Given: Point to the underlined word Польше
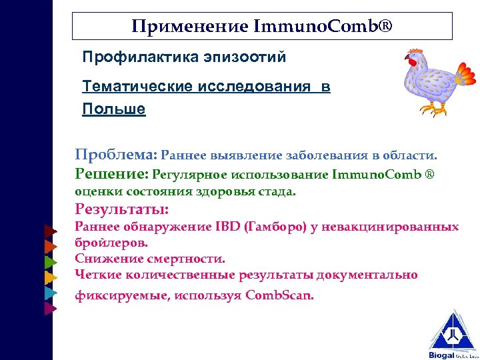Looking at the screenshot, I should pos(114,109).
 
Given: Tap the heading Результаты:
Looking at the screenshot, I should pos(122,210).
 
